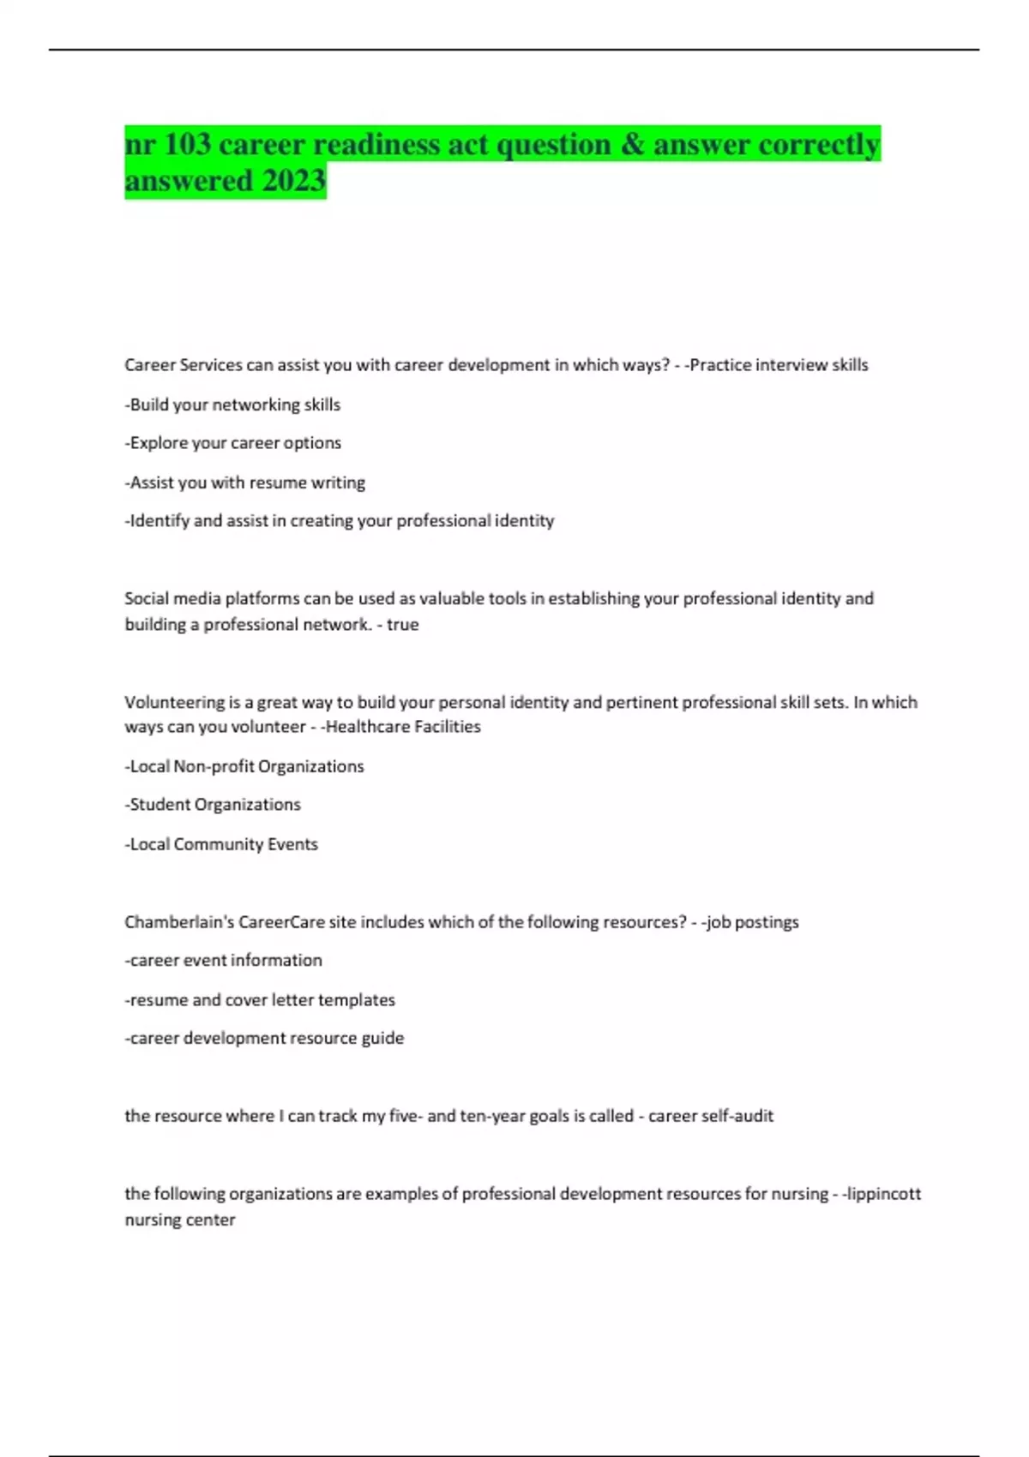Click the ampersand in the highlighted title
(632, 144)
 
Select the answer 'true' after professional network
(402, 625)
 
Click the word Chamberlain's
(178, 922)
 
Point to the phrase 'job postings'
(753, 922)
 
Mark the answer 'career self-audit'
(711, 1116)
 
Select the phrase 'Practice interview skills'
(779, 365)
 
